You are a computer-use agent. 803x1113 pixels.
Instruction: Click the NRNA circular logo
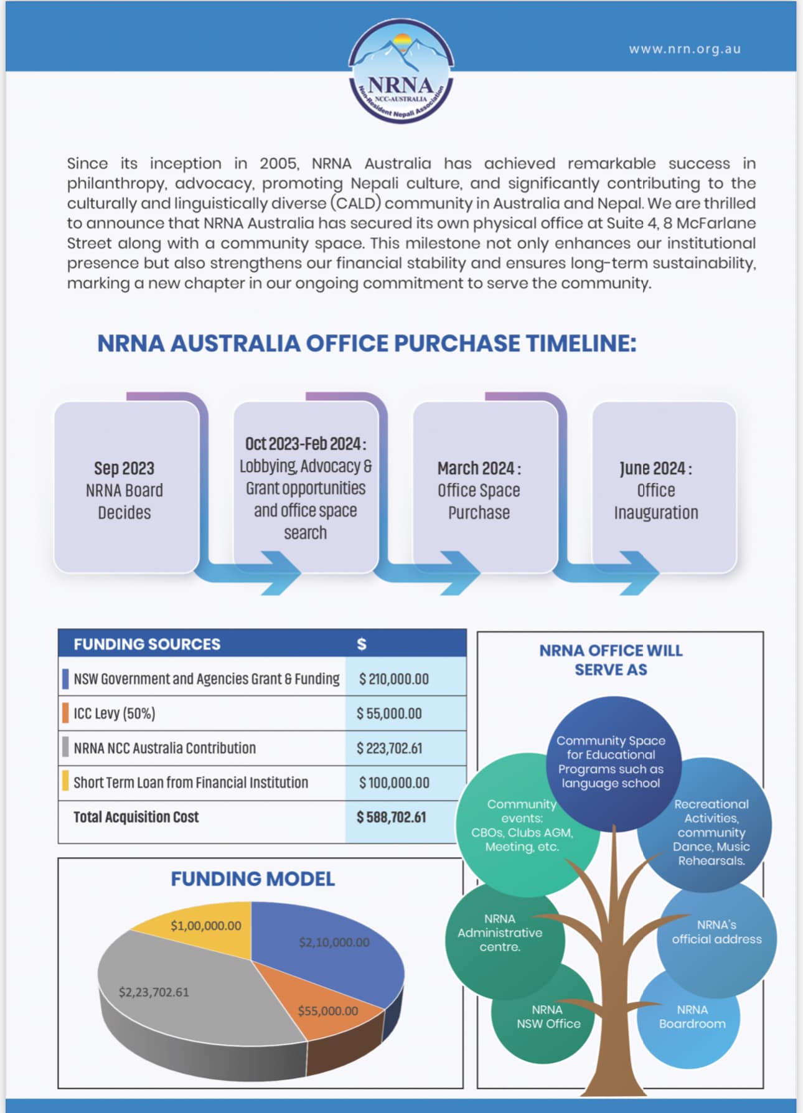tap(401, 71)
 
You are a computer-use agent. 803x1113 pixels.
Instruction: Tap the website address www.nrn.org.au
tap(685, 49)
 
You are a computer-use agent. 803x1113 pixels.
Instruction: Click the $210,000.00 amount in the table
tap(393, 679)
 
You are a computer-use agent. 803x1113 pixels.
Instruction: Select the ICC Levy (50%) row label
tap(115, 713)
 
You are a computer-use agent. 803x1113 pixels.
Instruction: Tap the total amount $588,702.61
tap(392, 817)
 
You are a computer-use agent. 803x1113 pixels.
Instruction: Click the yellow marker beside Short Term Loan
tap(65, 782)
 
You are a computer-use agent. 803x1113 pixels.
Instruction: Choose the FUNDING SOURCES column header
tap(147, 644)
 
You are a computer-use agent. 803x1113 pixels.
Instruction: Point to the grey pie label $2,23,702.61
tap(154, 992)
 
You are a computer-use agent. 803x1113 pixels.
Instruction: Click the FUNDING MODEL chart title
tap(253, 879)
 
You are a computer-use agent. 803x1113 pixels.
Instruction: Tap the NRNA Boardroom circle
tap(691, 1018)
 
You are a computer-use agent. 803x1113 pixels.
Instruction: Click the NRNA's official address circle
tap(716, 932)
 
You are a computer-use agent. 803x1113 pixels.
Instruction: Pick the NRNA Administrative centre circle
tap(500, 932)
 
